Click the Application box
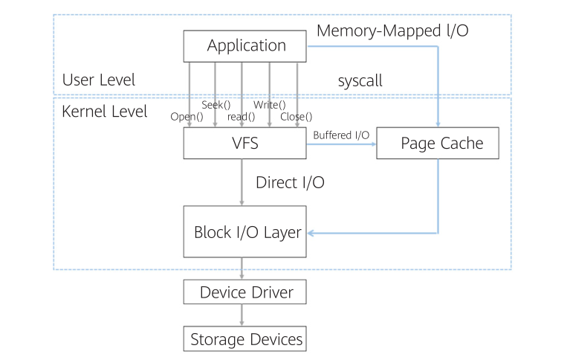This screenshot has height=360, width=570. pos(244,45)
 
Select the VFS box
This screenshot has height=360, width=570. pos(244,144)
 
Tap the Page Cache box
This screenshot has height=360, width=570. pos(437,144)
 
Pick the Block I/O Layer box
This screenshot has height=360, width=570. pos(244,232)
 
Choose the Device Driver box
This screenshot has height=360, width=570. pos(244,292)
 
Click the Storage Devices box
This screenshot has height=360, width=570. pos(244,339)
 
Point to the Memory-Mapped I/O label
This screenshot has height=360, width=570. pos(392,31)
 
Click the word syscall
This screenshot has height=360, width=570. pos(360,81)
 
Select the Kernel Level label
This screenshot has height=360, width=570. pos(104,112)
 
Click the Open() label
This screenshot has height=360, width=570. pos(187,117)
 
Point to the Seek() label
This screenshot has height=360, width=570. pos(216,105)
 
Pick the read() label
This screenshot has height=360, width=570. pos(241,117)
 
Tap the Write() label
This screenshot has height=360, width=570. pos(269,105)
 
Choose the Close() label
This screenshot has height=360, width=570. pos(296,117)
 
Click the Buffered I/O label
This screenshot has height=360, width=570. pos(341,135)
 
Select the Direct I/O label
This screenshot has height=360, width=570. pos(289,182)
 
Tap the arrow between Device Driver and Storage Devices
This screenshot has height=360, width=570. pos(242,315)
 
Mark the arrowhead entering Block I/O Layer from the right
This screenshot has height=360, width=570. pos(311,234)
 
